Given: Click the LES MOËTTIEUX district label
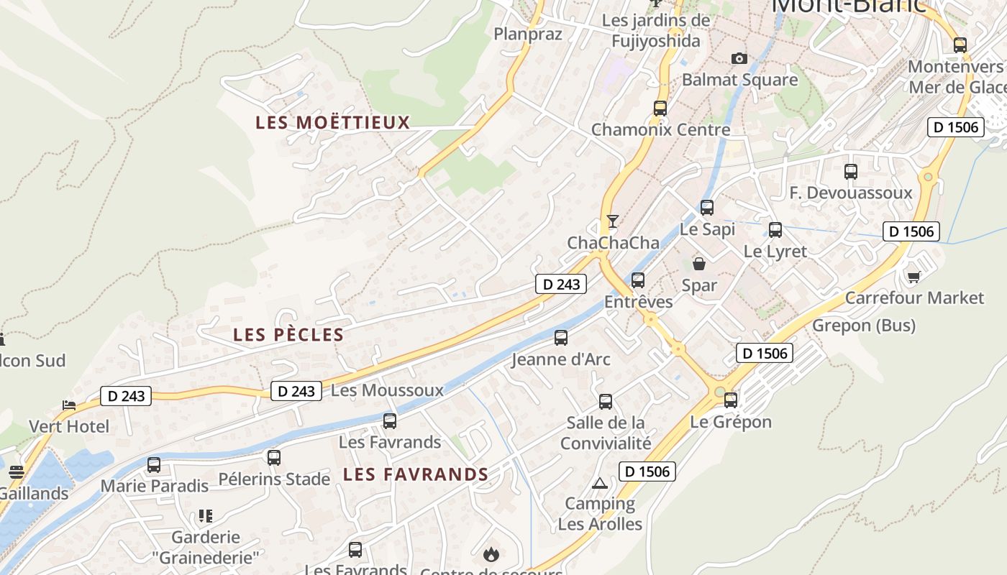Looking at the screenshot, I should [332, 122].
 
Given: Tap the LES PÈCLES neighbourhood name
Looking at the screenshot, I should [288, 335].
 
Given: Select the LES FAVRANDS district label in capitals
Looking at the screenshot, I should [416, 474].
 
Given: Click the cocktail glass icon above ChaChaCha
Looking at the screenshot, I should [612, 221].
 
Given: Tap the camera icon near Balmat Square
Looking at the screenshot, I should [739, 58].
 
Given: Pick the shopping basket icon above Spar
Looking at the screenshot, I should [699, 264].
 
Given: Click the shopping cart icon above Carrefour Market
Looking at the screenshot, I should [913, 277].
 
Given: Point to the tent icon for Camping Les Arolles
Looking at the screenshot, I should [600, 482].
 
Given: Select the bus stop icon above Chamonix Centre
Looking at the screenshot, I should [660, 109].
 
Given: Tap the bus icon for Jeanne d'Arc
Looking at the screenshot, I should [561, 337].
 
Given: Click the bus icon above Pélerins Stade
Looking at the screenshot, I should [273, 457].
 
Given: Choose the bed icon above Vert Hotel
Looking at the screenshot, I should [69, 405].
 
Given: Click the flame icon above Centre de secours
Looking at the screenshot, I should [491, 554].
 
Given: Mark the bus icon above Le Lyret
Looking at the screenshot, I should [775, 230].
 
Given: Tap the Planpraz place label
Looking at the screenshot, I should [528, 34].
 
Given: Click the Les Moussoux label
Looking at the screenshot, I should [387, 390].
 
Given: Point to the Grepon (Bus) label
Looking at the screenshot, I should [863, 326].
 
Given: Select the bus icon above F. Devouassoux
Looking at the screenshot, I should [850, 172].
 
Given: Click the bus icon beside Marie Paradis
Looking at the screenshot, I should [153, 465].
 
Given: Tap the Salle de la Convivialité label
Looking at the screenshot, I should [606, 433].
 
